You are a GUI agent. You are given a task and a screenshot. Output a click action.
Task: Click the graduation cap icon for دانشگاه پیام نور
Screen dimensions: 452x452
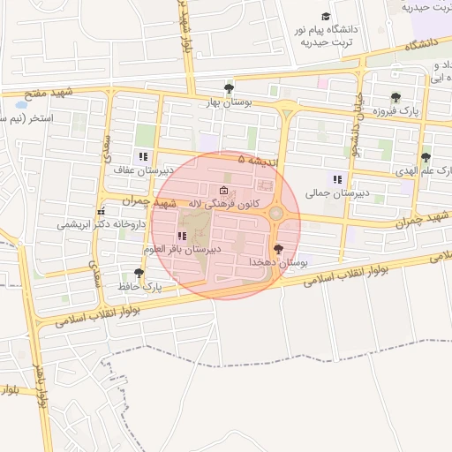coord(325,17)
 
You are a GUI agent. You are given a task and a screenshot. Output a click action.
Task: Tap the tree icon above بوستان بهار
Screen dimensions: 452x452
coord(230,87)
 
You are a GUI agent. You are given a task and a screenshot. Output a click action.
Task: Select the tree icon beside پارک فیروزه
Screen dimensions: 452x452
coord(395,98)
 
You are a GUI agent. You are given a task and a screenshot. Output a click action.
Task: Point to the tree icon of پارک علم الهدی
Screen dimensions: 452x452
coord(426,157)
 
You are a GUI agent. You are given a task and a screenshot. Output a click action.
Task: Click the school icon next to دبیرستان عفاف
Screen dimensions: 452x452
coord(143,156)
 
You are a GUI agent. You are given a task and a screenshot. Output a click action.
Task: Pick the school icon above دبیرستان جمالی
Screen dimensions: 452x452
coord(336,179)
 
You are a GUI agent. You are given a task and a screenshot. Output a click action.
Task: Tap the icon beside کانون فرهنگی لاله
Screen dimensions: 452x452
coord(223,191)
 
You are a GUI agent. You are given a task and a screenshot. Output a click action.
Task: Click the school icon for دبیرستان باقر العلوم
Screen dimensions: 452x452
coord(182,236)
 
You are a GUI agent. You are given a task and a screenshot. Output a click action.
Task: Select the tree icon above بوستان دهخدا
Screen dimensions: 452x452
coord(279,249)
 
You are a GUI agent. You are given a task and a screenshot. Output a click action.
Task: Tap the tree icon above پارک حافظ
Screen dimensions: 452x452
coord(139,273)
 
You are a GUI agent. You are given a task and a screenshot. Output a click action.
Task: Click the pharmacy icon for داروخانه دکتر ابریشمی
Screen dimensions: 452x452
coord(102,212)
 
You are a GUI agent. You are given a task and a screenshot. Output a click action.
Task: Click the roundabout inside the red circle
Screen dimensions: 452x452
coord(276,213)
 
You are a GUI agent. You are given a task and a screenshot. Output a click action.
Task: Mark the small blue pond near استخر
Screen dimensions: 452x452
coord(20,104)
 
